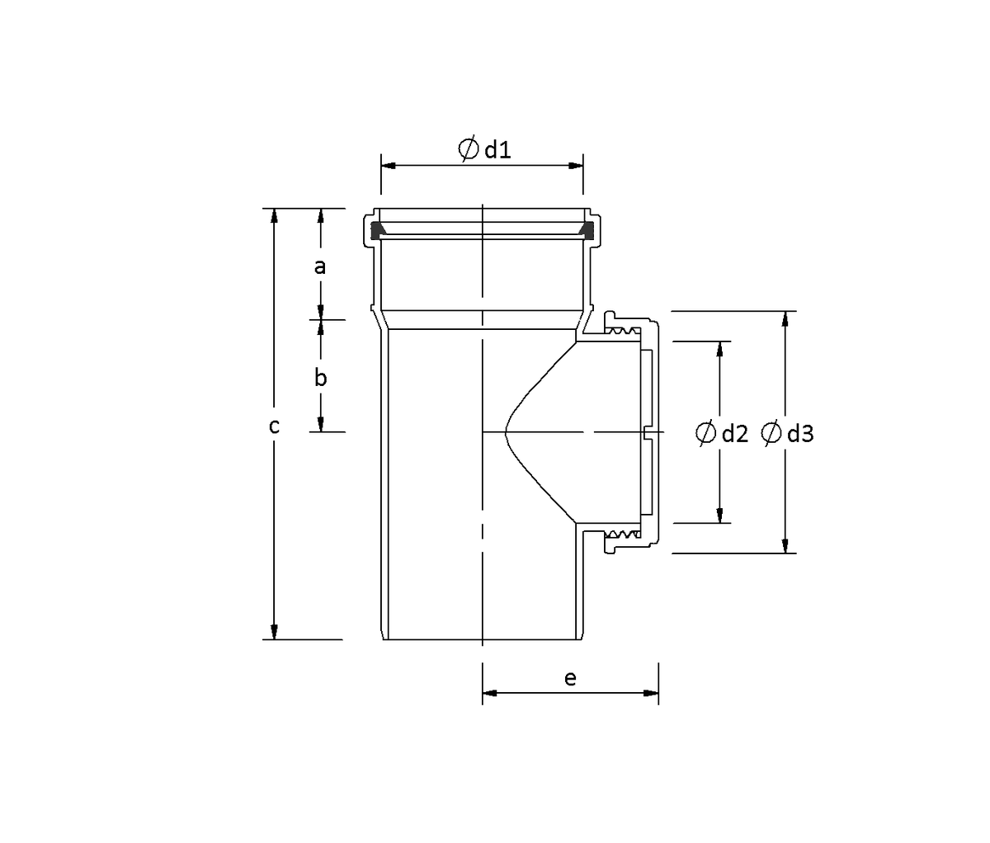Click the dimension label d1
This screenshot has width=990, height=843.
click(x=498, y=150)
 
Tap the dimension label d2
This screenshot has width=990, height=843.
click(x=735, y=434)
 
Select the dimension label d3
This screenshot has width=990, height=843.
click(x=800, y=434)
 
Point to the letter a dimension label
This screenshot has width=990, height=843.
click(x=320, y=266)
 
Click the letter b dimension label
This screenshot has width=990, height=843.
click(x=320, y=378)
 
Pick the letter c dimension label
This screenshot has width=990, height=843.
click(x=274, y=426)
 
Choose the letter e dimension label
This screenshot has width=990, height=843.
click(x=570, y=679)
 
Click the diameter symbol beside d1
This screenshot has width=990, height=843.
click(x=468, y=148)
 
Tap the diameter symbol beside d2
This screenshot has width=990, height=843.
click(x=706, y=433)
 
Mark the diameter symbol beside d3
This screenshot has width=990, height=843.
click(x=771, y=433)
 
